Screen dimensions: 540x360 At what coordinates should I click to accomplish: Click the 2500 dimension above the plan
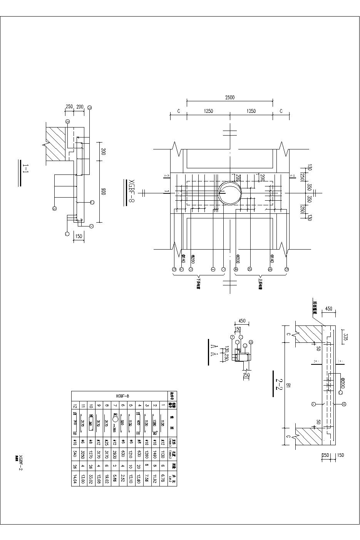(x=230, y=98)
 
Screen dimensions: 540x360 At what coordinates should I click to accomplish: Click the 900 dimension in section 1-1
(x=103, y=191)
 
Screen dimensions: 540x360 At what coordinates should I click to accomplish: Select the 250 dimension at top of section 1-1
(x=69, y=107)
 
